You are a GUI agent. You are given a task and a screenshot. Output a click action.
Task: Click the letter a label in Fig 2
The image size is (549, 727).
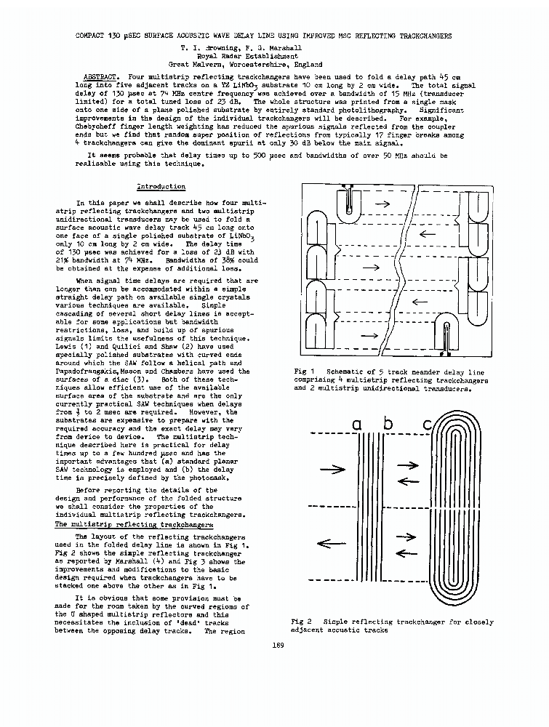[357, 424]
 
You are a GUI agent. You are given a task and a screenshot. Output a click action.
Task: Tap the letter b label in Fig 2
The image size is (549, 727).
[388, 423]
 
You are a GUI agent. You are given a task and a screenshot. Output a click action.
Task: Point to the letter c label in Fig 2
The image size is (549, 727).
[427, 424]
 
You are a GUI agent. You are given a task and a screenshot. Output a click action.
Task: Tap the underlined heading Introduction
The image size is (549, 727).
[161, 187]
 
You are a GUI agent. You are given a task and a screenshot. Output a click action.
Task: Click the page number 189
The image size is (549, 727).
[276, 645]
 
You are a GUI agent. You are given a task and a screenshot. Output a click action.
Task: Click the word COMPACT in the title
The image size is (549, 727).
[93, 35]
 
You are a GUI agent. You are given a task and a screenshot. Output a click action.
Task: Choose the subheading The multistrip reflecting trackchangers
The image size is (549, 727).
[135, 524]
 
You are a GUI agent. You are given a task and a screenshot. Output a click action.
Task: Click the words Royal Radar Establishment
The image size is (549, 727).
[247, 56]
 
